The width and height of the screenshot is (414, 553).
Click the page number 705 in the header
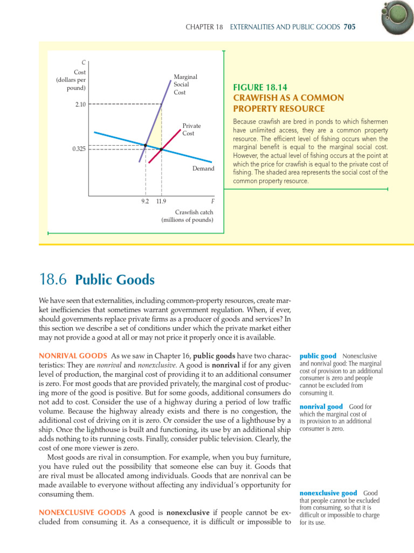(349, 26)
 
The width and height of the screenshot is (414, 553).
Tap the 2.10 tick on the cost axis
(79, 104)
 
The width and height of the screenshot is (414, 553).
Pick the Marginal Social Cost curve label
(185, 85)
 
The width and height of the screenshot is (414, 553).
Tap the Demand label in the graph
(203, 168)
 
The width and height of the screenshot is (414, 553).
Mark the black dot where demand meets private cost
(161, 149)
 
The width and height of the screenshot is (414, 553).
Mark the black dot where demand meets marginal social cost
(146, 145)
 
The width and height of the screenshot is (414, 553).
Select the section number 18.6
(53, 280)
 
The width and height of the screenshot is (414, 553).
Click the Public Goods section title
(115, 280)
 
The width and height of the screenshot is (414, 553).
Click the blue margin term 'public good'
(318, 356)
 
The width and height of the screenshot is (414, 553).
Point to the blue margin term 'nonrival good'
(321, 406)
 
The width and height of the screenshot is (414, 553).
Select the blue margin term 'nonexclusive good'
(328, 493)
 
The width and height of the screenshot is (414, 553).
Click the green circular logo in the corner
(398, 17)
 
